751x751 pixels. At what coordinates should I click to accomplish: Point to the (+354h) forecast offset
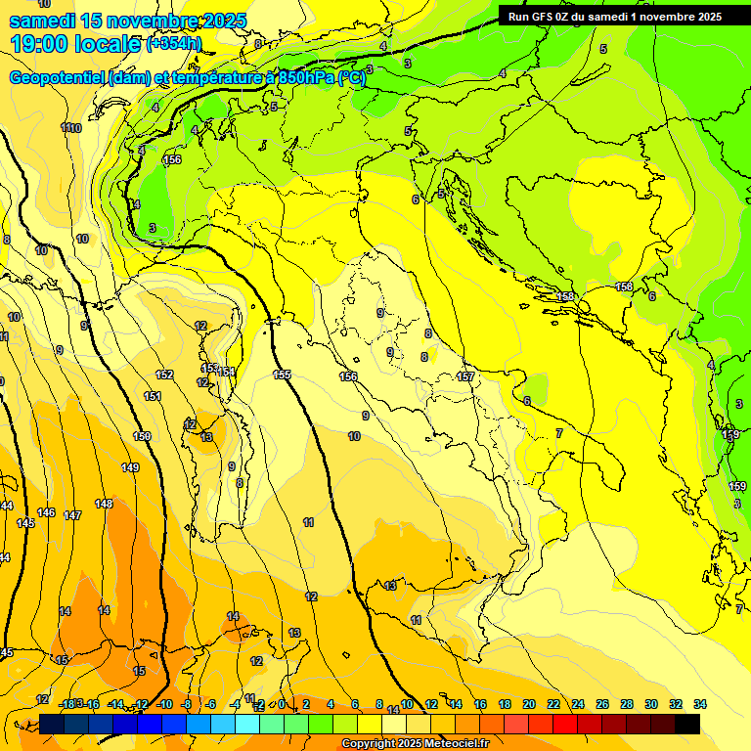[x=175, y=44]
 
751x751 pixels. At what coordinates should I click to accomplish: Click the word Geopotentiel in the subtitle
[x=58, y=78]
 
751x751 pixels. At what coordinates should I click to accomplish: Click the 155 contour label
[x=282, y=375]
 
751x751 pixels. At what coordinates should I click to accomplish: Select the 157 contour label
[x=465, y=376]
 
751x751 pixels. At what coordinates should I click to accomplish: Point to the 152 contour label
[x=164, y=375]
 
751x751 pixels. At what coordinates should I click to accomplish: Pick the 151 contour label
[x=153, y=396]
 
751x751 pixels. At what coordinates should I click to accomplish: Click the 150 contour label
[x=143, y=436]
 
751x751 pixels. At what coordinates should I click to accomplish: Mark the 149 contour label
[x=130, y=467]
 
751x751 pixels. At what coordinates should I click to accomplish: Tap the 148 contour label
[x=104, y=504]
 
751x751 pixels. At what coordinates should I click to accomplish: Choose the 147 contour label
[x=72, y=515]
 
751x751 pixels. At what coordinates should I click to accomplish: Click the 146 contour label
[x=46, y=512]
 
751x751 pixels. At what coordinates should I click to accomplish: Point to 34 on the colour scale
[x=700, y=704]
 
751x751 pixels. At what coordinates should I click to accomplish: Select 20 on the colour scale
[x=529, y=704]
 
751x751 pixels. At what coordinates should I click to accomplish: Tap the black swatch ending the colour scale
[x=687, y=725]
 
